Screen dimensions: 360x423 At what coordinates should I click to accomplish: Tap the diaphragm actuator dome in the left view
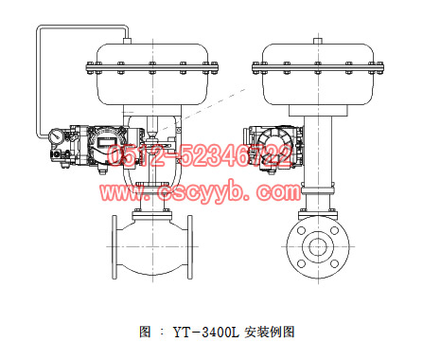(x=151, y=47)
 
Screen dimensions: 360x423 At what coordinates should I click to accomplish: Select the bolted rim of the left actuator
(x=151, y=67)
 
